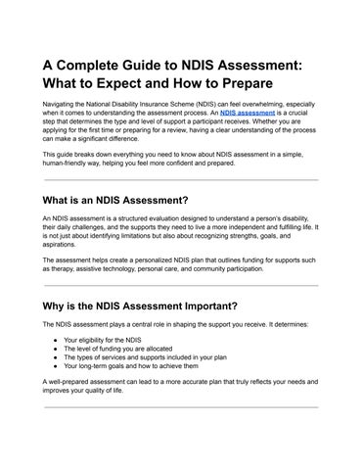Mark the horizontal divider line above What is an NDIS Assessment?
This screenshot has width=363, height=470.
[181, 180]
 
